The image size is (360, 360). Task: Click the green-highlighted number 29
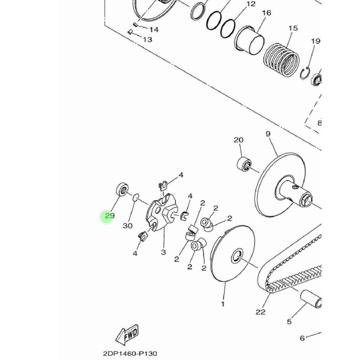[110, 216]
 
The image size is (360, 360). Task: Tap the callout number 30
[128, 226]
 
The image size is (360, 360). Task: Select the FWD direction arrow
[127, 335]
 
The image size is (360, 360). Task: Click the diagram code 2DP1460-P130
[130, 353]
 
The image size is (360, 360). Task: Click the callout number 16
[266, 13]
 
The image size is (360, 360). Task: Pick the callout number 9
[268, 134]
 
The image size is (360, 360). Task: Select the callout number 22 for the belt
[261, 312]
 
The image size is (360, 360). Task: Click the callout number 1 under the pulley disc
[223, 304]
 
